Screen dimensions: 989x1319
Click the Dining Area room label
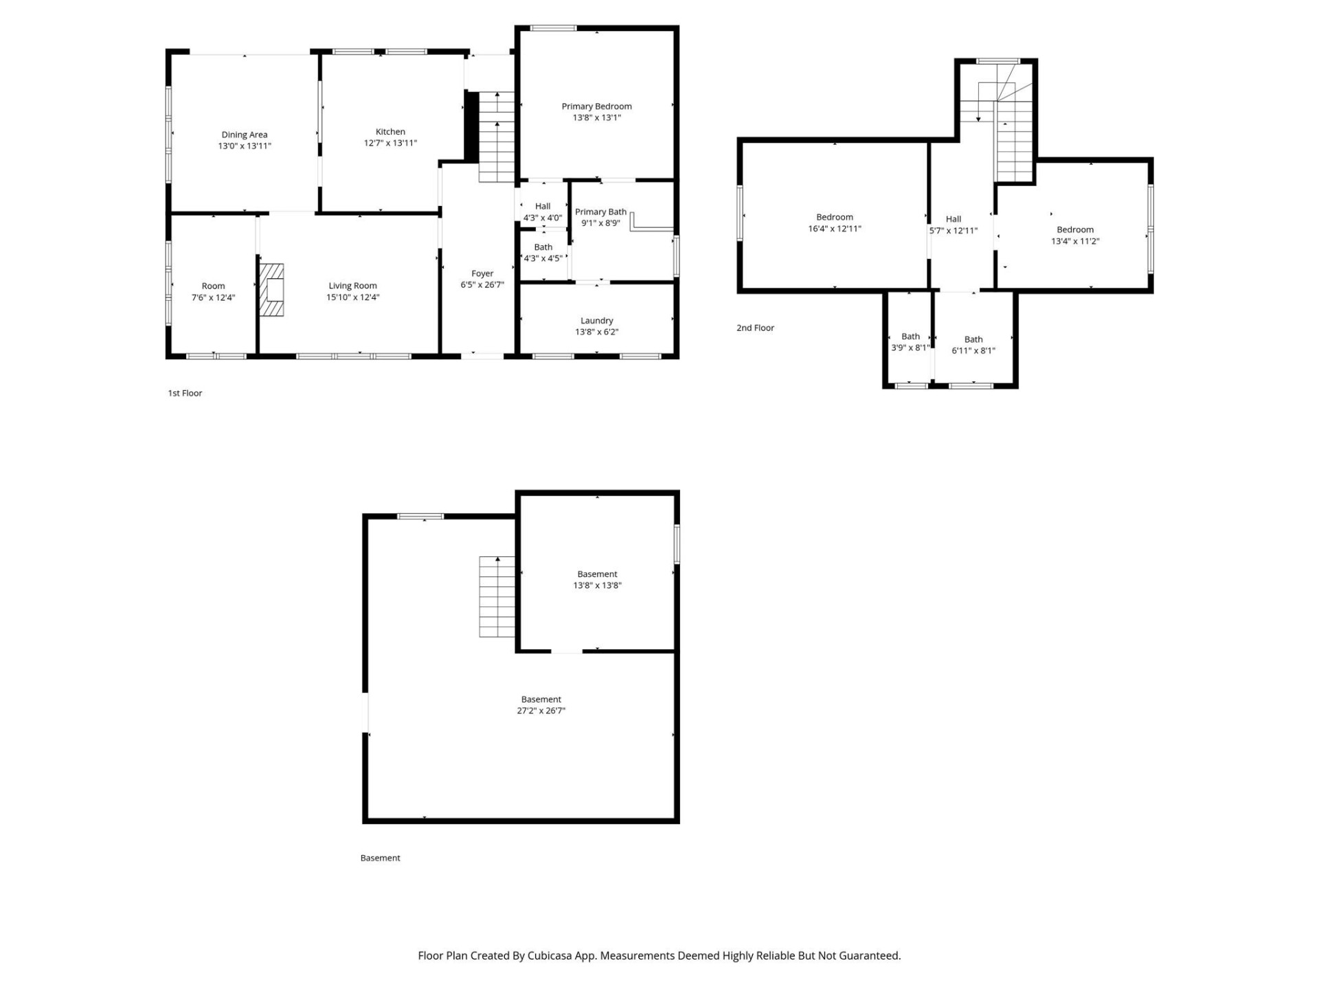coord(244,135)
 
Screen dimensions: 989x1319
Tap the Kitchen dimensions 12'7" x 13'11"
coord(390,143)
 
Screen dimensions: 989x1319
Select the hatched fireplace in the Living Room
coord(272,290)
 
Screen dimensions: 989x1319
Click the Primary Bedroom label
coord(596,106)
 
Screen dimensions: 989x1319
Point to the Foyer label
coord(482,273)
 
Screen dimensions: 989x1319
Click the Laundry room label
coord(596,321)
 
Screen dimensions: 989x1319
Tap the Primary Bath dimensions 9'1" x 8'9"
coord(600,223)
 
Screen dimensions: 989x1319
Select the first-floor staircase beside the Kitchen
coord(496,137)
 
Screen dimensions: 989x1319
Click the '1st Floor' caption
coord(185,393)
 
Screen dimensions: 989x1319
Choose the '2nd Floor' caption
coord(755,328)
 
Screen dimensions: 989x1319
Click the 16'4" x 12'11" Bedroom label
coord(834,217)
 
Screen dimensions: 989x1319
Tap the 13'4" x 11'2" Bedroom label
coord(1074,230)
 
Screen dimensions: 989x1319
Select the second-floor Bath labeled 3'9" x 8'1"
coord(910,342)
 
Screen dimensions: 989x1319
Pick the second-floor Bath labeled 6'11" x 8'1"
coord(973,345)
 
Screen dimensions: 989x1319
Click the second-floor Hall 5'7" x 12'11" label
coord(953,225)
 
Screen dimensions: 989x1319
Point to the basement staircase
coord(496,597)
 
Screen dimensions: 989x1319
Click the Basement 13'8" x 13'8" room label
coord(597,574)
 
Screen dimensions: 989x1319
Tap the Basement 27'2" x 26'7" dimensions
coord(541,711)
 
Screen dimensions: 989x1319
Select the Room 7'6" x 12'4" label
coord(213,292)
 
